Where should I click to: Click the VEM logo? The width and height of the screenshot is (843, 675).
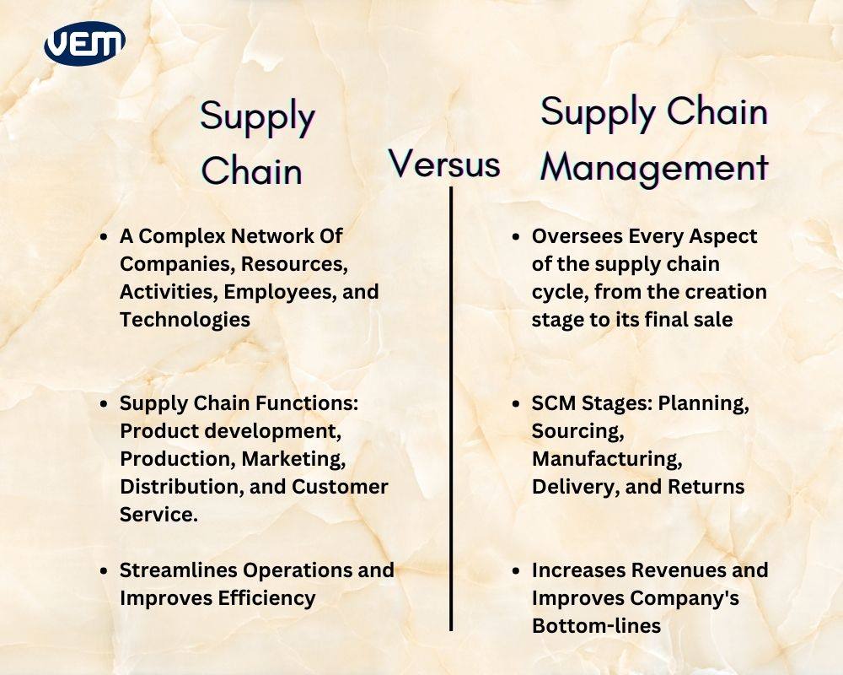tap(84, 43)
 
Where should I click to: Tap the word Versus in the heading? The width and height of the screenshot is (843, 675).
tap(444, 163)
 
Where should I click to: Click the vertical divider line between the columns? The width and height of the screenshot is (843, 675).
tap(451, 405)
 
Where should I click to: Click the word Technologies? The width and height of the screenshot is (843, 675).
tap(185, 320)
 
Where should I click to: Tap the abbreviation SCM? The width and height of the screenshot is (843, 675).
tap(552, 403)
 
